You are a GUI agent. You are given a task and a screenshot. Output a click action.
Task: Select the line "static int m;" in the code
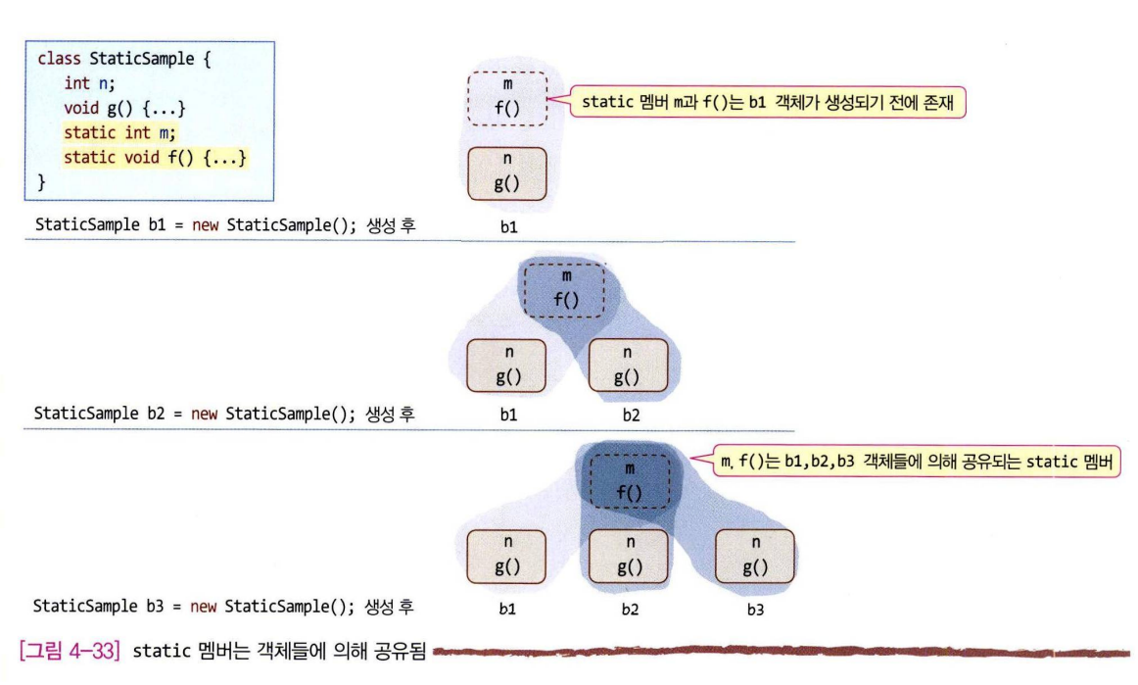tap(122, 132)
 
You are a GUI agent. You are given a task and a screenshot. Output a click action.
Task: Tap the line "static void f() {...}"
tap(155, 157)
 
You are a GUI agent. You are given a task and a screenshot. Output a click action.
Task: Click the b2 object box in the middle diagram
tap(628, 365)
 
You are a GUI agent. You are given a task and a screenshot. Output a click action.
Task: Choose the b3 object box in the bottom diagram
tap(755, 555)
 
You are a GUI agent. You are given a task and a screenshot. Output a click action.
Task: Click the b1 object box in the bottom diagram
tap(507, 555)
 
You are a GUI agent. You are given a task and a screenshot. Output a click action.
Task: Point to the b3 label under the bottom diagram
tap(754, 608)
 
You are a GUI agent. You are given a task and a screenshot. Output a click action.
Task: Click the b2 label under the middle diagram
tap(630, 416)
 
